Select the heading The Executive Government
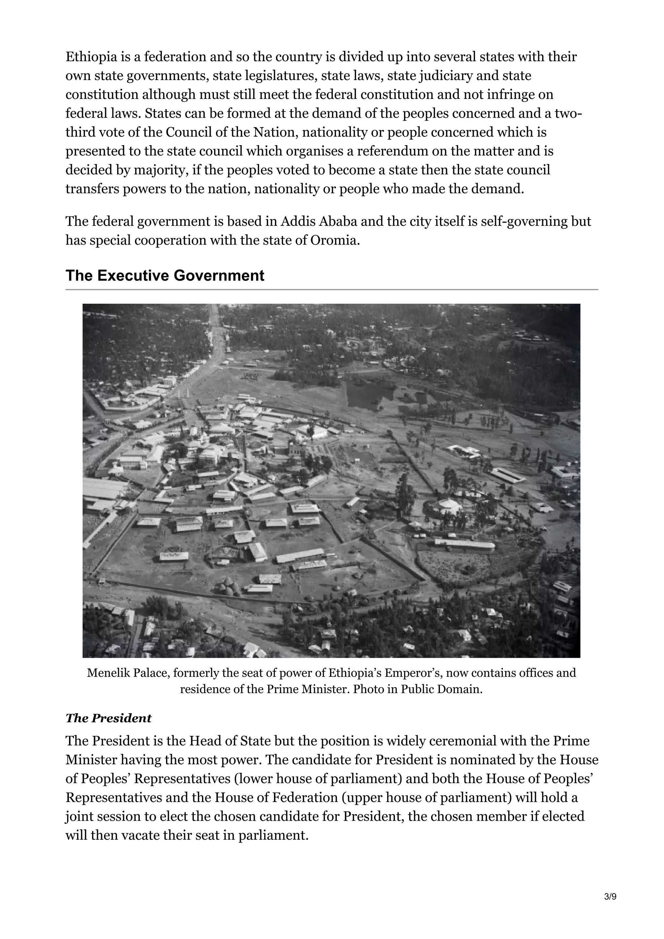click(165, 276)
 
